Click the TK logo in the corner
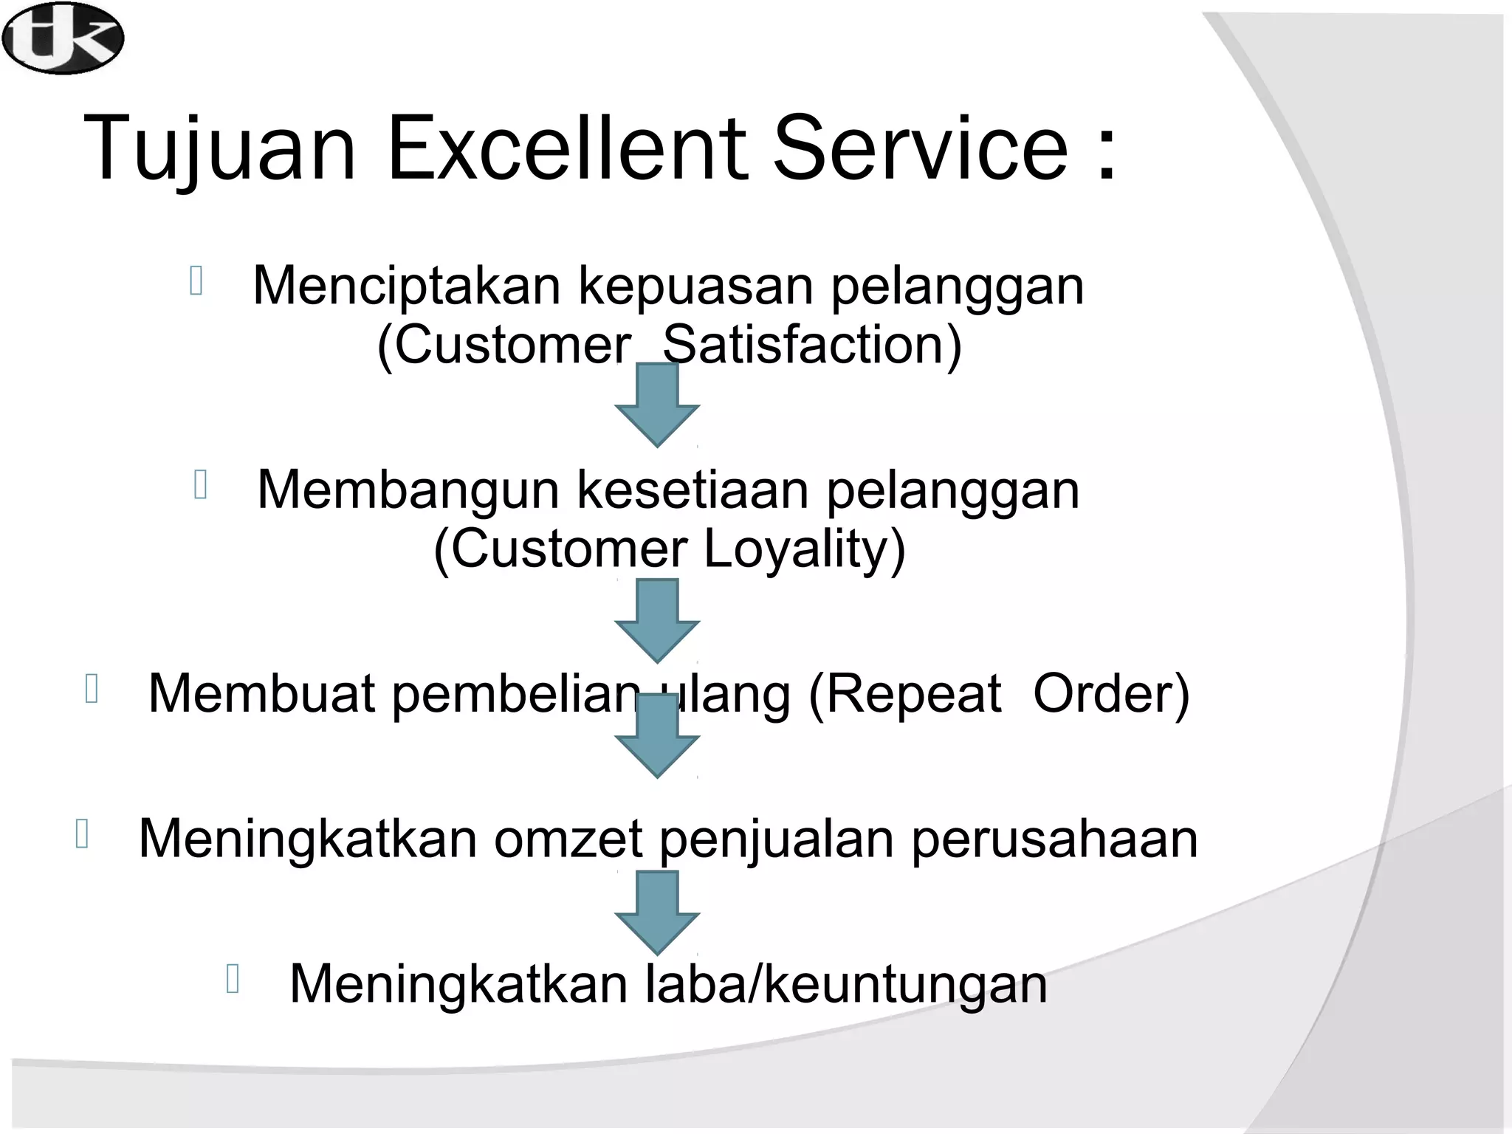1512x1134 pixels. pyautogui.click(x=62, y=38)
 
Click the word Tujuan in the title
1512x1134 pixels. pyautogui.click(x=219, y=150)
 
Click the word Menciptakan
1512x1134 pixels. pyautogui.click(x=407, y=286)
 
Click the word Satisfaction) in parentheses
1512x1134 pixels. pyautogui.click(x=812, y=345)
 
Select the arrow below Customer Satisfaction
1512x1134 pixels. pyautogui.click(x=656, y=406)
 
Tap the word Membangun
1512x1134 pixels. pyautogui.click(x=408, y=491)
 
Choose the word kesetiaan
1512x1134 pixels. pyautogui.click(x=692, y=489)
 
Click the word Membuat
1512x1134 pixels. pyautogui.click(x=262, y=694)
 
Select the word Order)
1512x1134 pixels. pyautogui.click(x=1111, y=694)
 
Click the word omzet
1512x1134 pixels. pyautogui.click(x=568, y=840)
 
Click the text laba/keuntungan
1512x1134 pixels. pyautogui.click(x=846, y=985)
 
